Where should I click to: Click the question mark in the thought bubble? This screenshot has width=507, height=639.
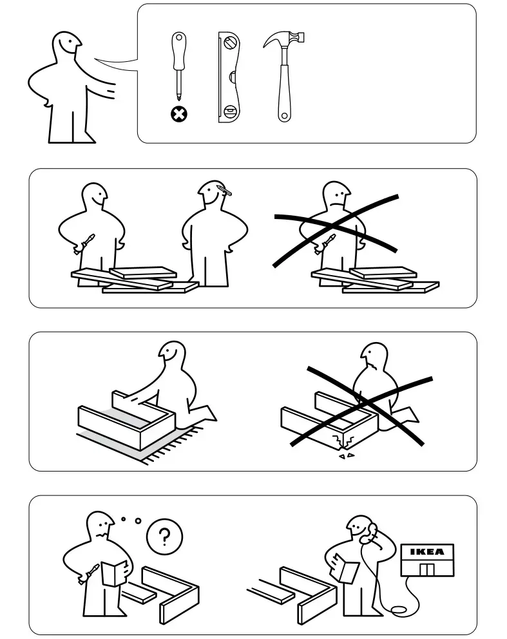[x=164, y=536]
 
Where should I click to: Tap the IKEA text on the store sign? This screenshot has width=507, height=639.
[x=426, y=552]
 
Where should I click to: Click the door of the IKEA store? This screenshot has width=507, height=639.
[x=426, y=569]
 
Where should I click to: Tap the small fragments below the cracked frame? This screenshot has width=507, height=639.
[x=346, y=456]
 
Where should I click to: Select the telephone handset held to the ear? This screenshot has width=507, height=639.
[x=372, y=531]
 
